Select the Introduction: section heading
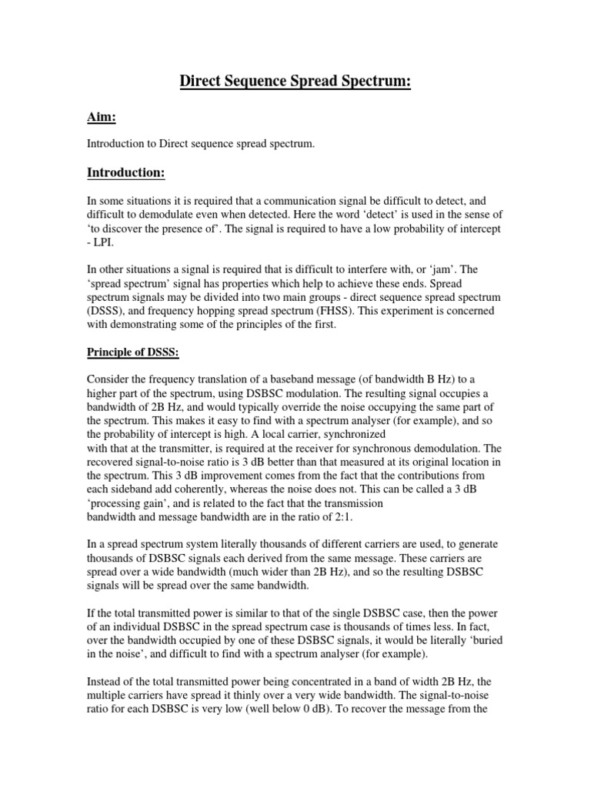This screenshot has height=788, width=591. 126,173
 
